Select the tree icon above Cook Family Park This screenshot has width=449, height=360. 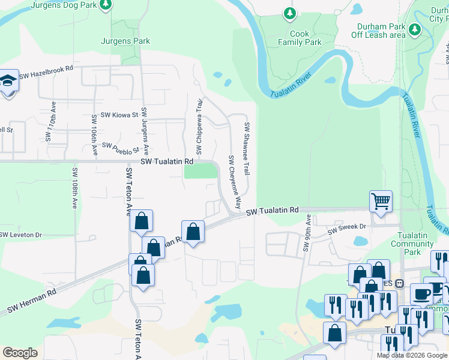(x=290, y=13)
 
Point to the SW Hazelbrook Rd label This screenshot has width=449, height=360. (x=46, y=72)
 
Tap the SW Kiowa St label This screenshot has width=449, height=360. (x=119, y=114)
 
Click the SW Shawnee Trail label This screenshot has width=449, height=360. (x=246, y=149)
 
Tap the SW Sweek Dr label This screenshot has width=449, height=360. (x=346, y=228)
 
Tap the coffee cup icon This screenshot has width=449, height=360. (x=421, y=293)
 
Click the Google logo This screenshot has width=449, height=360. (x=20, y=352)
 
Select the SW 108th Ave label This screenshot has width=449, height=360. (x=74, y=188)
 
